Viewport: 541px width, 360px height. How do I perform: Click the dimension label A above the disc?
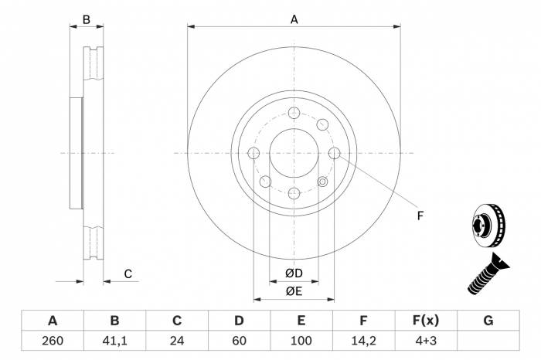pos(294,20)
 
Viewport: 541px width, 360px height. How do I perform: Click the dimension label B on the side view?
pos(87,20)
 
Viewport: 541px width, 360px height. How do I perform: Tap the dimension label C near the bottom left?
pos(128,273)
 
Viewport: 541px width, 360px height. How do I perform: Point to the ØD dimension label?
pos(293,273)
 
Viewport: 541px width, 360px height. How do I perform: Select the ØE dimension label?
pos(293,290)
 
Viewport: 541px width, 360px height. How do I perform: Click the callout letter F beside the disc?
pos(420,216)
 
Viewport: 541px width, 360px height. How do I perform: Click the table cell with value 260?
pos(53,341)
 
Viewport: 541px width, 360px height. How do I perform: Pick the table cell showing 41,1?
pos(114,341)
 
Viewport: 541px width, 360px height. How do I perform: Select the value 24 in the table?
pos(176,341)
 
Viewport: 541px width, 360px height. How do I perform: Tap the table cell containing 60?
pos(239,341)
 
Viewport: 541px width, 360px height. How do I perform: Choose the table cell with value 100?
pos(301,341)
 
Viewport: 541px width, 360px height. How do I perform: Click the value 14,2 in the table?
pos(363,341)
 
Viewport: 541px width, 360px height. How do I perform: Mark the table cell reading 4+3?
pos(425,341)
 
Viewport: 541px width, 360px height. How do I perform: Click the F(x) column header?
pos(425,321)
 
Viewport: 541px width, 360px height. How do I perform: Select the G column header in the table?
pos(488,321)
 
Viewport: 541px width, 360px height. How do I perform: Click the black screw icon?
pos(487,274)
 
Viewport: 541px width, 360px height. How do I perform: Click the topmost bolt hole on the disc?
pos(294,114)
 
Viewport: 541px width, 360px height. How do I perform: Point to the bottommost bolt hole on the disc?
pos(294,194)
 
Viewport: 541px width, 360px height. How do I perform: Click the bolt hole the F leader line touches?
pos(334,154)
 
